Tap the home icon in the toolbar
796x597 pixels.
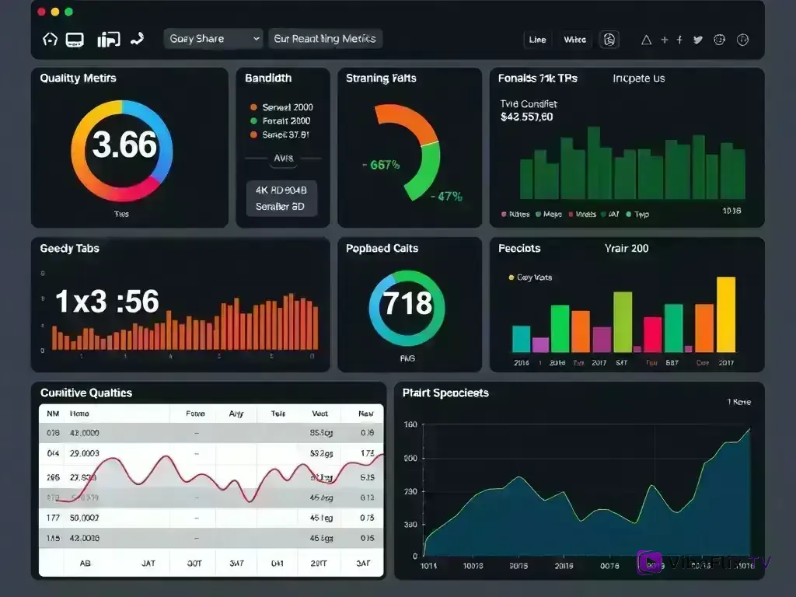pos(50,39)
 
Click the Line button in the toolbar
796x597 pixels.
pos(537,40)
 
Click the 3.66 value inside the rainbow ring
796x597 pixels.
pos(124,145)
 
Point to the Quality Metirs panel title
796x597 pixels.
pos(78,79)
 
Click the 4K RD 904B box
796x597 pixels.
pos(281,190)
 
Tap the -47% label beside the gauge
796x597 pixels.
pos(446,197)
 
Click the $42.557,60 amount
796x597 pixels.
pos(527,117)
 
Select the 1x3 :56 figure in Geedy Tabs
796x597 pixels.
pos(107,302)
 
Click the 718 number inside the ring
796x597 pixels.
pos(407,302)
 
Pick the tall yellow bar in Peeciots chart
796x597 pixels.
pos(725,315)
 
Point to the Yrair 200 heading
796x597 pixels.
pos(627,249)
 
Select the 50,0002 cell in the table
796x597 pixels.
pos(84,517)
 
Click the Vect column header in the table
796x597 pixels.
pos(319,414)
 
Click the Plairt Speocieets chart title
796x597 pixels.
pos(445,393)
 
